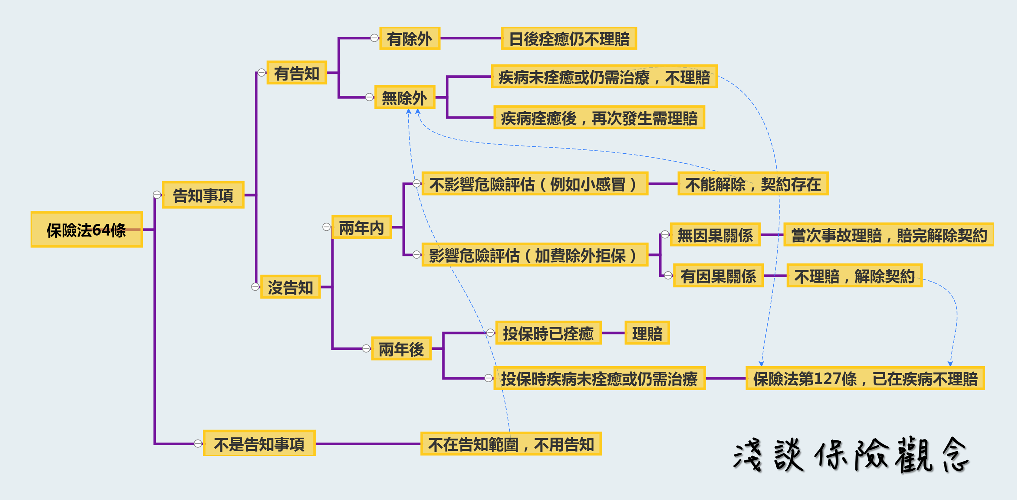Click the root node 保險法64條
[x=86, y=230]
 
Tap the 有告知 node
[x=296, y=73]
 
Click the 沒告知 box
[x=290, y=287]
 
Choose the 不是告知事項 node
[x=259, y=443]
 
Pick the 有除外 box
[x=409, y=38]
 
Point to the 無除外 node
[x=404, y=97]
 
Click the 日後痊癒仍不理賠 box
[x=569, y=38]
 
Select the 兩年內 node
[x=362, y=227]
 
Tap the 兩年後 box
[x=401, y=348]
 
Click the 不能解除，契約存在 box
[x=753, y=183]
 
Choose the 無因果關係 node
[x=715, y=234]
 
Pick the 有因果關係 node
[x=718, y=275]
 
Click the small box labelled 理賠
[x=647, y=332]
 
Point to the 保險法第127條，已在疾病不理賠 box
[x=865, y=378]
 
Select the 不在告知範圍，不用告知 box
[x=511, y=444]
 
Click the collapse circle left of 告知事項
[x=157, y=195]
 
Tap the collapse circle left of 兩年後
[x=367, y=348]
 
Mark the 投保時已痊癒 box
[x=548, y=332]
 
